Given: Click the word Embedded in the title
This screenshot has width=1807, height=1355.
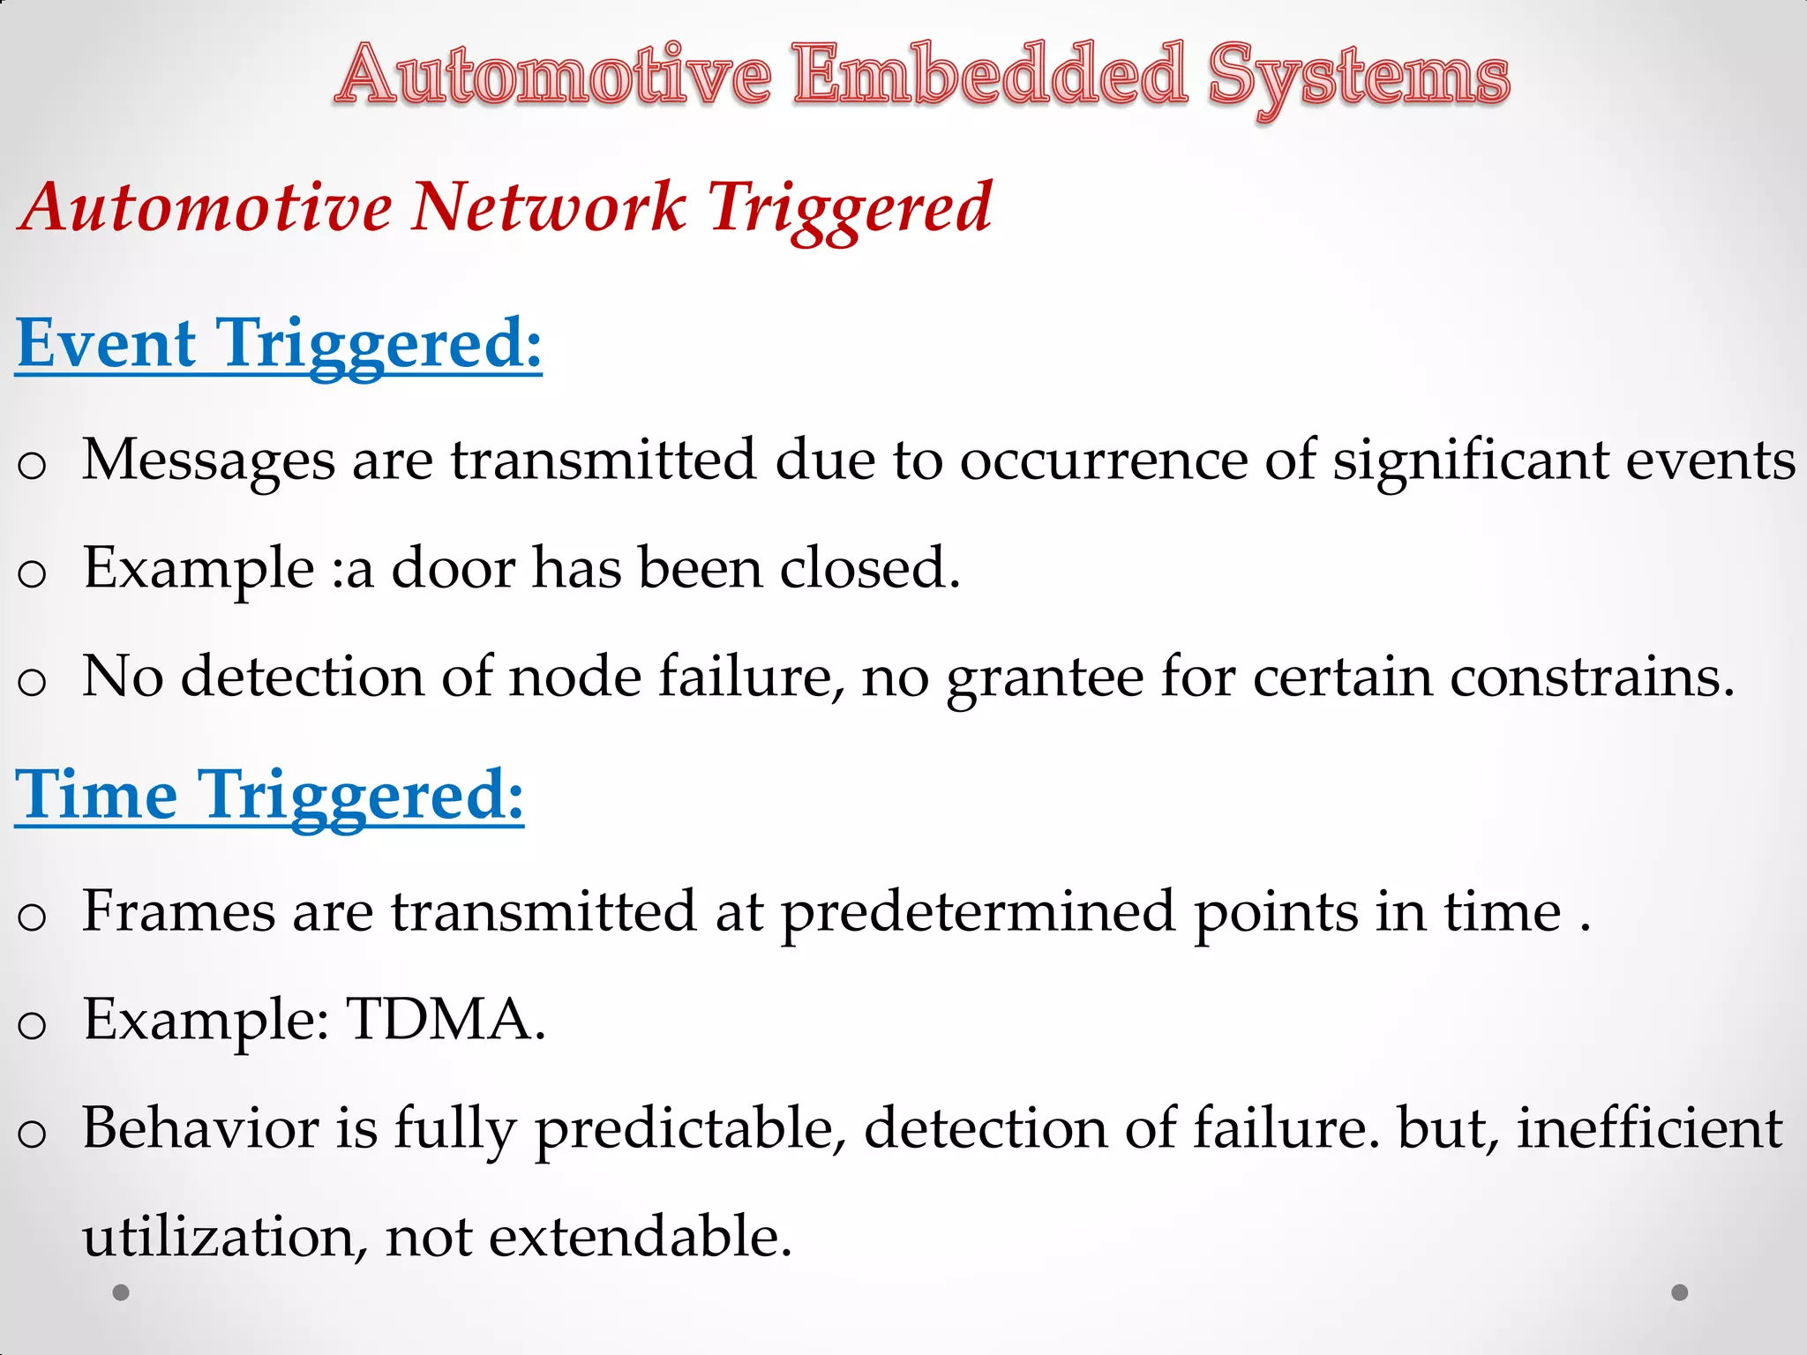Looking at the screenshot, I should pyautogui.click(x=989, y=75).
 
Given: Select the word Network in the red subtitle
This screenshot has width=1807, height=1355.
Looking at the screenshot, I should pyautogui.click(x=548, y=208).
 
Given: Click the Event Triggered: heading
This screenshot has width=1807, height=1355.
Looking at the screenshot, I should pyautogui.click(x=279, y=344).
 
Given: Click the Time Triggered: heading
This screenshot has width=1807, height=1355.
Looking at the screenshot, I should pyautogui.click(x=270, y=796).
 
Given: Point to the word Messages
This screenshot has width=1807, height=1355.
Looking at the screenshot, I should pyautogui.click(x=209, y=460).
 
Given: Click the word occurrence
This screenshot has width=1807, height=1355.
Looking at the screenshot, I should pyautogui.click(x=1104, y=460).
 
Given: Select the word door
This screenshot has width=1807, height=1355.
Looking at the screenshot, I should pyautogui.click(x=453, y=569).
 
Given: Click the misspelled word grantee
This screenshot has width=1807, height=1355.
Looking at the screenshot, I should pyautogui.click(x=1045, y=678).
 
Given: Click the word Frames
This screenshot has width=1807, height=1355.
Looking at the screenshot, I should pyautogui.click(x=178, y=911).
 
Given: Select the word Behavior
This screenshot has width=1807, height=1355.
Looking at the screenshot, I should pyautogui.click(x=200, y=1128).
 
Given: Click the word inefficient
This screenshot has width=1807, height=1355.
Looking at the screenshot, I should pyautogui.click(x=1650, y=1128).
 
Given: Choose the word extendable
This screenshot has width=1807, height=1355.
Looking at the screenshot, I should pyautogui.click(x=640, y=1237).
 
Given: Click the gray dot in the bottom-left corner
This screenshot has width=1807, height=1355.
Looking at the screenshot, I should pyautogui.click(x=122, y=1292).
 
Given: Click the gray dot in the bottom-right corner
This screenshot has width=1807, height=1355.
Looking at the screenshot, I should pyautogui.click(x=1680, y=1292).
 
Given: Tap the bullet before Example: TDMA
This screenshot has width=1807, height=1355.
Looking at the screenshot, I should pyautogui.click(x=32, y=1025).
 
